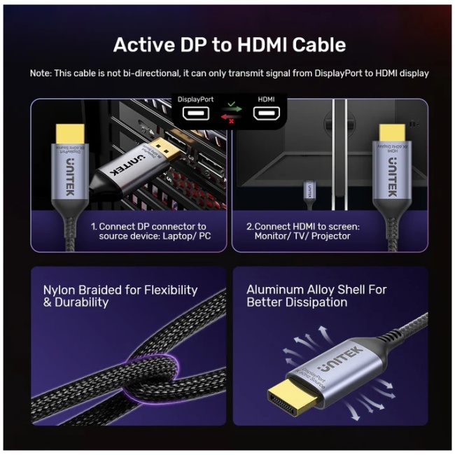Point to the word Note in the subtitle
[x=42, y=73]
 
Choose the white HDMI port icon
[x=267, y=114]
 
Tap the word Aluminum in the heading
[x=276, y=290]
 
